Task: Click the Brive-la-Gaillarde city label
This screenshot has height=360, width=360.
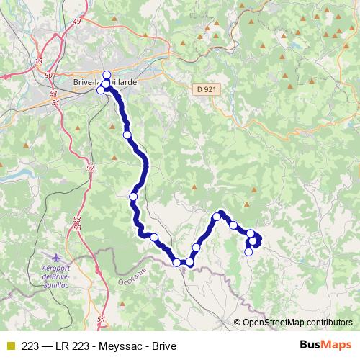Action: click(105, 83)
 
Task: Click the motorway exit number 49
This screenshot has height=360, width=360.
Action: click(96, 22)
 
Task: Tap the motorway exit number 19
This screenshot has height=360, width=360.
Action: click(38, 61)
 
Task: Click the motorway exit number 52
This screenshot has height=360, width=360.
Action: click(90, 168)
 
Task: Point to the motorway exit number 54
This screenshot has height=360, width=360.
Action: click(100, 318)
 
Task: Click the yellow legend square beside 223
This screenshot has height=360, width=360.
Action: click(10, 346)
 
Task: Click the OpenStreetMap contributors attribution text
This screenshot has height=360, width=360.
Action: click(297, 322)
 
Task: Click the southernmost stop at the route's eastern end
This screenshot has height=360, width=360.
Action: click(248, 252)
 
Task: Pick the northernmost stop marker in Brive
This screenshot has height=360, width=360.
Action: click(107, 76)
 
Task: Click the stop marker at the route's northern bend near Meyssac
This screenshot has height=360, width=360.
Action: click(217, 216)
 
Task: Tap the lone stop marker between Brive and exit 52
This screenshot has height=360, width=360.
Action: click(127, 135)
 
